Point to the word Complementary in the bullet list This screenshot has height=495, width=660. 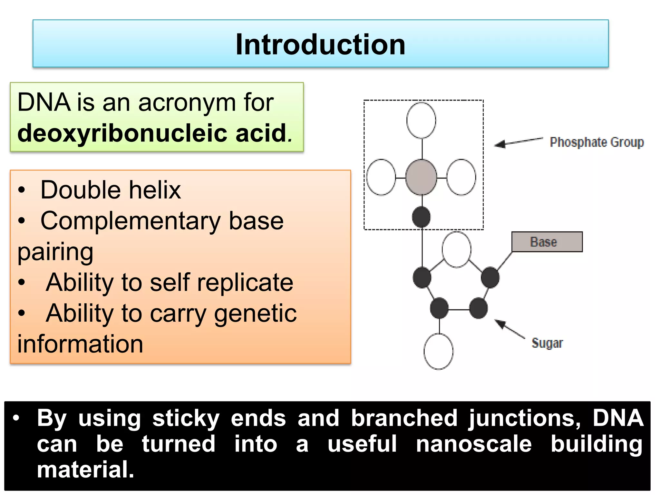pos(131,221)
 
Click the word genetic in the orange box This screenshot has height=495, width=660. pos(255,313)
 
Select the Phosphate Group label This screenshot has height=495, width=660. pos(597,142)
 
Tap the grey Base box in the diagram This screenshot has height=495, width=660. pos(547,242)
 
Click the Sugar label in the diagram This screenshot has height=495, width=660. pos(547,343)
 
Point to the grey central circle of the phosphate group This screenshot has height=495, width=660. pos(421,177)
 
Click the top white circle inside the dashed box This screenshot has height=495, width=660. pos(421,120)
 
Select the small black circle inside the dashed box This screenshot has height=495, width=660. pos(421,217)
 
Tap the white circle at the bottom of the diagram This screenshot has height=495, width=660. pos(438,351)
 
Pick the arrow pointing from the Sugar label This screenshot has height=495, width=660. pos(509,328)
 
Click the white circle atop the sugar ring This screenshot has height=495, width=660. pos(456,249)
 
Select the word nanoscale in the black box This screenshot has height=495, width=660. pos(474,444)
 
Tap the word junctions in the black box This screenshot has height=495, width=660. pos(524,418)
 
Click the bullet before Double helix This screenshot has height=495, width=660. pos(22,190)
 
